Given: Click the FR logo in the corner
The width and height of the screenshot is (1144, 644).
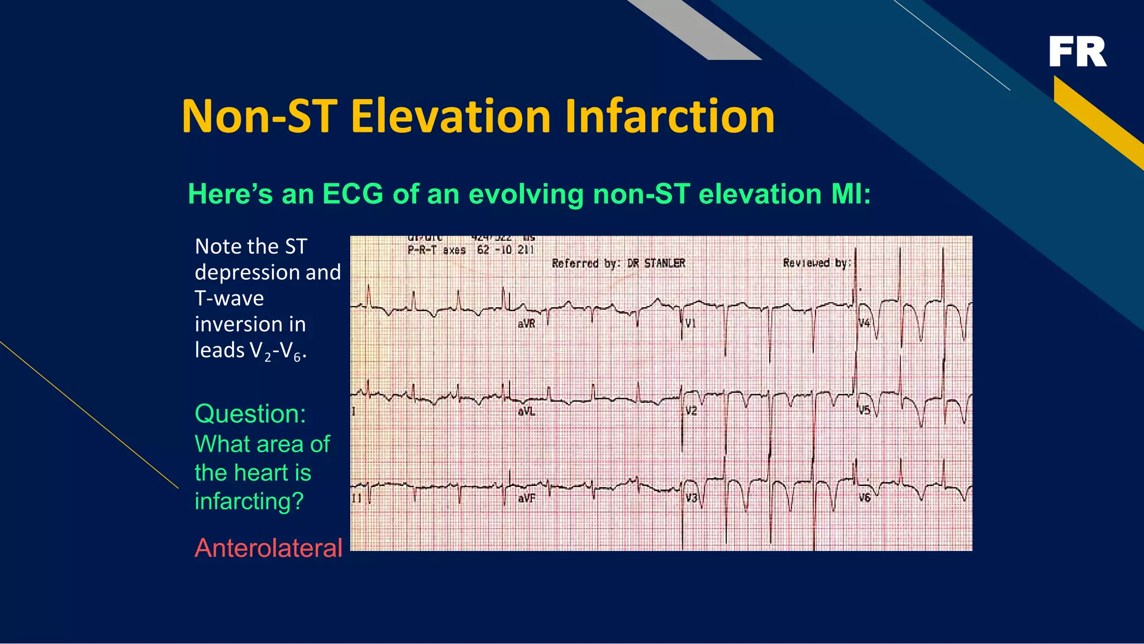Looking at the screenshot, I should [1077, 52].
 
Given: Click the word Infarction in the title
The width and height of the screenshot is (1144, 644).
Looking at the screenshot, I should [669, 117].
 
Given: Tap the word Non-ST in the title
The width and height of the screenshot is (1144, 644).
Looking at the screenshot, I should [259, 117].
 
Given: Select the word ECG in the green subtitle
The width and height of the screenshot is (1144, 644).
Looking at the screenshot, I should [352, 194].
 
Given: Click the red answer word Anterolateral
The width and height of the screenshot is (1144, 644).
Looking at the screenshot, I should [268, 548].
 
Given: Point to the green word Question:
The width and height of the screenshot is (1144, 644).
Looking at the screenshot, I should [250, 414].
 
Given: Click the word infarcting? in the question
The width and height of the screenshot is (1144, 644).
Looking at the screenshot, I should [249, 501].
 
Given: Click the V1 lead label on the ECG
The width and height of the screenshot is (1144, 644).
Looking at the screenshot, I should [690, 323].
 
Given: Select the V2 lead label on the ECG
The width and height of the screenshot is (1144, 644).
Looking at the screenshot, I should [691, 411].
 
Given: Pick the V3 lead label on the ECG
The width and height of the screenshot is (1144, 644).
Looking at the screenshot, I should [692, 498].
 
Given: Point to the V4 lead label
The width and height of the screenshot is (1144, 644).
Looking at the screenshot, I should [864, 323].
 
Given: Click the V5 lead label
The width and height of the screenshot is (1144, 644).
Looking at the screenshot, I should [864, 411].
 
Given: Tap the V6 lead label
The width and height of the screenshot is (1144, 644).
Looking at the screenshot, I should [865, 498].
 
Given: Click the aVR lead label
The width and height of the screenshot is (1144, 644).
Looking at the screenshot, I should [526, 324].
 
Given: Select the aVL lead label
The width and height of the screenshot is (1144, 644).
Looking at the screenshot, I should [526, 412].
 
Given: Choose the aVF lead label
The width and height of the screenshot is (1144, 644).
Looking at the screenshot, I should [526, 498].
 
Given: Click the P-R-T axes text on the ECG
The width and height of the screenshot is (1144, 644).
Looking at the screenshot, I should [436, 250].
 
